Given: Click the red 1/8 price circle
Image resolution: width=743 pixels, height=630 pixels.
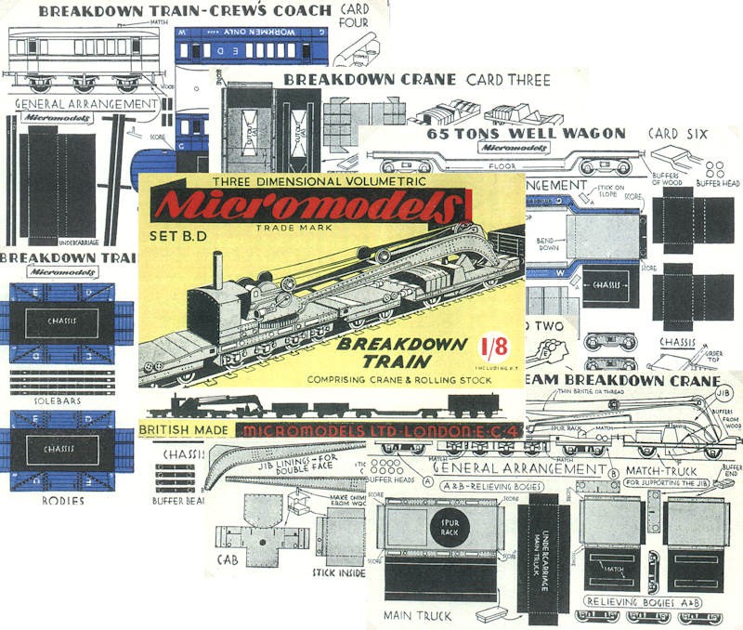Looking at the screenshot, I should coord(489,348).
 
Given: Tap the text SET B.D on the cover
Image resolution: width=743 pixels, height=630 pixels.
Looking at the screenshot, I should coord(180,235).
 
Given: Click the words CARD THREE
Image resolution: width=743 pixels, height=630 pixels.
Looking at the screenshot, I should coord(508,80).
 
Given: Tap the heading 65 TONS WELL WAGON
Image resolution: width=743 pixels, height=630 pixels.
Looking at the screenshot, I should coord(526,133).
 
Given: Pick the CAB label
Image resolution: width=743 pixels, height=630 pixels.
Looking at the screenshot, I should coord(227,560).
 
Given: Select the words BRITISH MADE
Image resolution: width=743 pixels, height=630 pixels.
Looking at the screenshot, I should coord(182,430).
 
